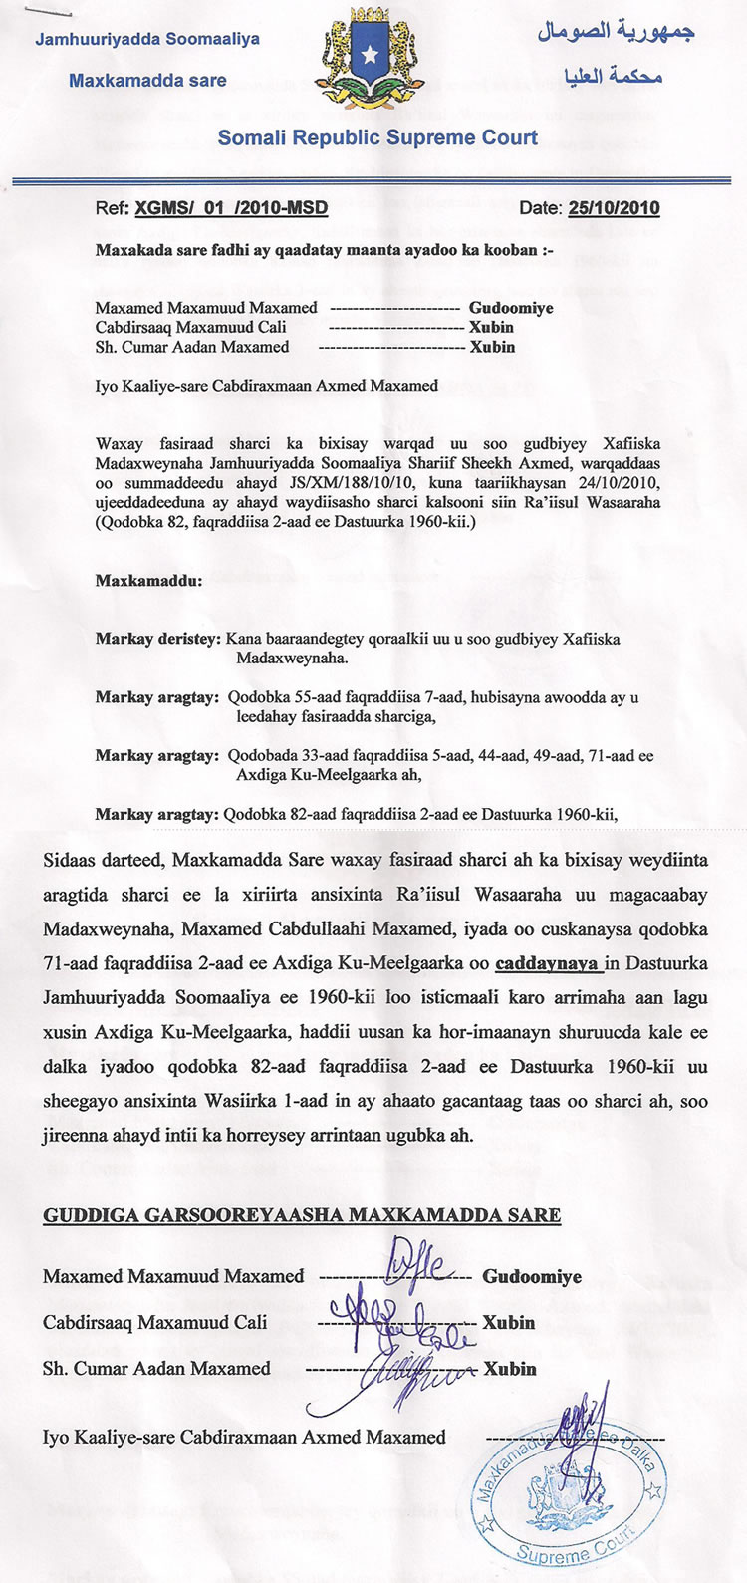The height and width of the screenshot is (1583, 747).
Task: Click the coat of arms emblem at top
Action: [x=373, y=62]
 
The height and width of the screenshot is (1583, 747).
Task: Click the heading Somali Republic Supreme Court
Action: [x=378, y=138]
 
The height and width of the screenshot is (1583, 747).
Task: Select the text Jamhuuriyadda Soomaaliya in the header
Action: [x=147, y=40]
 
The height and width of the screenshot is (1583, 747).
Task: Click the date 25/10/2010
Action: [x=614, y=209]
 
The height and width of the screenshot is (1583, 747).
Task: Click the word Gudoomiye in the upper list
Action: [x=511, y=308]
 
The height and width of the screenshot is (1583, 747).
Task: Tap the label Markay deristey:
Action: [x=157, y=639]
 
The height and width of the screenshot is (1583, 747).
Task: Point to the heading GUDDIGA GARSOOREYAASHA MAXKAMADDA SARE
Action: [x=301, y=1215]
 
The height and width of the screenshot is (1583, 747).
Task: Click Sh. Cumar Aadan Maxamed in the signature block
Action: [x=156, y=1368]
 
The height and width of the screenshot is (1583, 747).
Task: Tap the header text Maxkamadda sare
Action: [x=147, y=80]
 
